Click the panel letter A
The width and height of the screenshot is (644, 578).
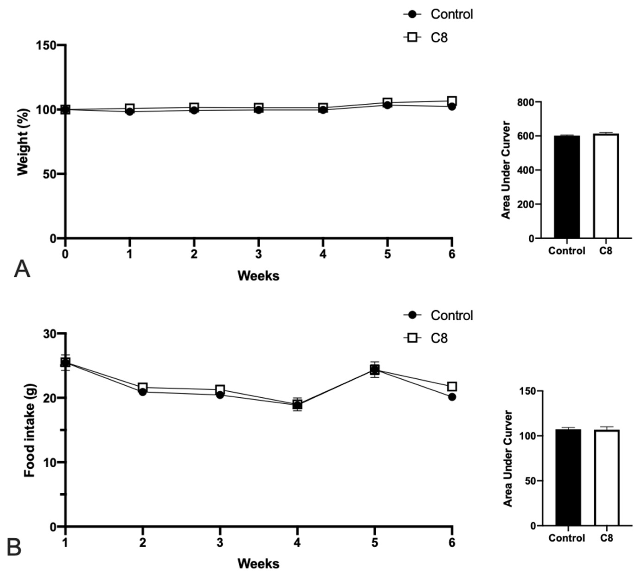click(x=22, y=269)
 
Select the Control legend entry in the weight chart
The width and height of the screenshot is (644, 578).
click(x=451, y=14)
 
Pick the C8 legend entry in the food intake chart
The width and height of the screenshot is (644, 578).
click(x=438, y=338)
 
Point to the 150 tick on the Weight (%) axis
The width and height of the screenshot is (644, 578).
click(x=46, y=45)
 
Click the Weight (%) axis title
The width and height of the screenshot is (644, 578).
click(x=23, y=142)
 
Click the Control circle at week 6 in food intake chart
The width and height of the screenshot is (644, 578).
click(x=451, y=397)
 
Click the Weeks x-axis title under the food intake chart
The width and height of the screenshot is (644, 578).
click(x=258, y=563)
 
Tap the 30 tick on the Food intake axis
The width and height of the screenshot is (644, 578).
click(x=50, y=333)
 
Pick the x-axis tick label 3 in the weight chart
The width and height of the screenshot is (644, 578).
click(x=258, y=254)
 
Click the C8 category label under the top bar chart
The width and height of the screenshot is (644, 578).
click(x=605, y=251)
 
